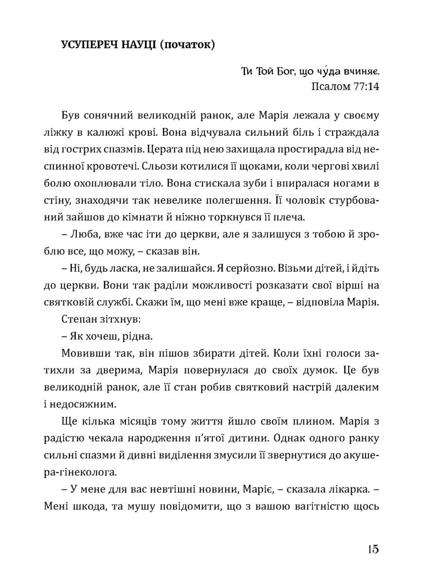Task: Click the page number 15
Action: [373, 549]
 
